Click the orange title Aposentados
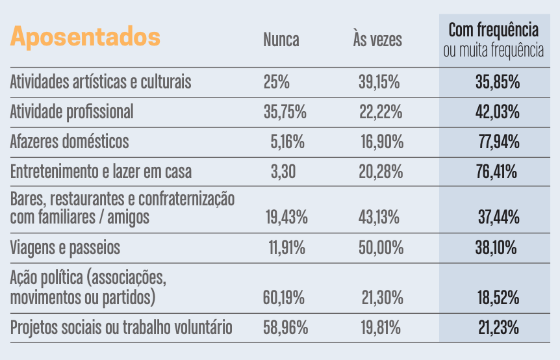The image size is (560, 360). coord(85,36)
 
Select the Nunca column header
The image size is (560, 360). coord(281,40)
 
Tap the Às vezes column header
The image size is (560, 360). coord(377,40)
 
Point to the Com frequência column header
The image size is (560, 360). coord(494,30)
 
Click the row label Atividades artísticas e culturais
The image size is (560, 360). coord(101,83)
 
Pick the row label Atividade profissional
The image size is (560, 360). coord(71,112)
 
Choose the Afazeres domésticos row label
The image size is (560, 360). coord(70,142)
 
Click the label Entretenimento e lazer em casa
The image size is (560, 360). coord(101,172)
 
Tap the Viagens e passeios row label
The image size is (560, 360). coord(65,248)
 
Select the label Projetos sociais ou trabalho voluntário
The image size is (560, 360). coord(121,328)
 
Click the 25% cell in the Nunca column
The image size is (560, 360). coord(277,83)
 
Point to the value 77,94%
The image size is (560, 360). coord(499,142)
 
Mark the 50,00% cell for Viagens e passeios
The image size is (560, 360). coord(381,248)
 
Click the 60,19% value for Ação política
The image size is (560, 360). coord(285,298)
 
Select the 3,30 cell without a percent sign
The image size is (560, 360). coord(284,172)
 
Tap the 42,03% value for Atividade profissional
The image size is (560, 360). coord(498,112)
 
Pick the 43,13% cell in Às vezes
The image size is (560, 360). coord(379,218)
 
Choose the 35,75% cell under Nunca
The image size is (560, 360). coord(285,112)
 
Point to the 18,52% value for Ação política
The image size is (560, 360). coord(498,298)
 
